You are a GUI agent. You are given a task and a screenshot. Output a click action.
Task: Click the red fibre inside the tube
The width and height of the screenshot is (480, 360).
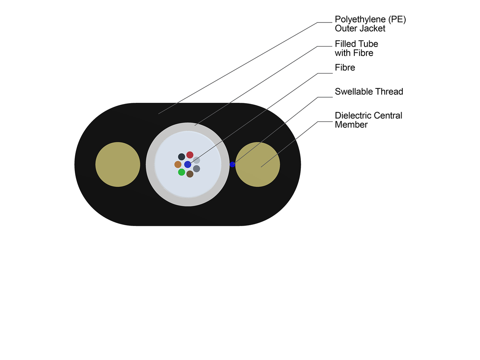tap(190, 155)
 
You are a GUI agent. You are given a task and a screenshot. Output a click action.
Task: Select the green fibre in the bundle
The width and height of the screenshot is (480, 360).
tap(181, 172)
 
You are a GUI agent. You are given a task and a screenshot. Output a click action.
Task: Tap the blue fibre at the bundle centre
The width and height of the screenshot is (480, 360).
tap(188, 164)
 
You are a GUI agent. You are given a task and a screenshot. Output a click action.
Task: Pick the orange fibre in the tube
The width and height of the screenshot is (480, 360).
tap(178, 164)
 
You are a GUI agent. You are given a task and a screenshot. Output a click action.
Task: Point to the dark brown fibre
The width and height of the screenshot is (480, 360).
tap(190, 174)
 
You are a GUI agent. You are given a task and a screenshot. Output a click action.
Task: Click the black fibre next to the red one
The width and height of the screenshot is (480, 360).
tap(182, 156)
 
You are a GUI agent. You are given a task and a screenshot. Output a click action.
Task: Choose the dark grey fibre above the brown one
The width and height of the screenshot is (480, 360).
tap(196, 169)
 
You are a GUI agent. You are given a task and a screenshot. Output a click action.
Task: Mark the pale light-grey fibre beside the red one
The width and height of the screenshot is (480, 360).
tap(196, 160)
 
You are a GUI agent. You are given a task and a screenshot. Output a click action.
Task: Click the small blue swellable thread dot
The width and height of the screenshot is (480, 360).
tap(232, 164)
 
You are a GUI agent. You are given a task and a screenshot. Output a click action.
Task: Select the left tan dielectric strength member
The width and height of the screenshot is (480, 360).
tap(118, 164)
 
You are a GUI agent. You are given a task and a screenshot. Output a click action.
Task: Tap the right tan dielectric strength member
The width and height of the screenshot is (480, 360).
tap(258, 164)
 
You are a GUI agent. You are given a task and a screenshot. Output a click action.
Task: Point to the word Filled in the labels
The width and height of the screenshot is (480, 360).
tap(344, 44)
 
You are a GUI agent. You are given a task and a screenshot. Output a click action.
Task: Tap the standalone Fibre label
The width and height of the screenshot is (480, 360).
tap(345, 68)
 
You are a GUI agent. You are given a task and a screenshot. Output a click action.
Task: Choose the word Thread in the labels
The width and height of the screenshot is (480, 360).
tap(389, 92)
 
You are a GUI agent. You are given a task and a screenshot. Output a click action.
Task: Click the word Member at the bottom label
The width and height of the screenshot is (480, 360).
tap(351, 124)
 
